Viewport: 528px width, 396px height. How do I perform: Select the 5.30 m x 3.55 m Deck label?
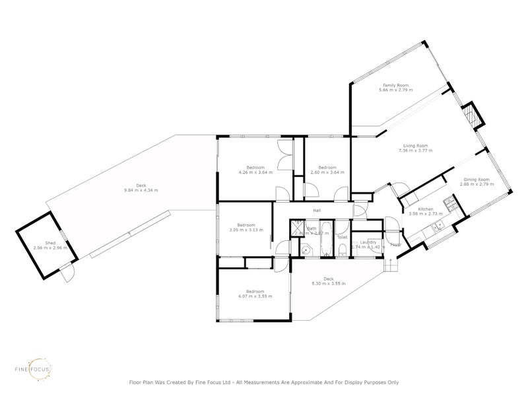point(329,280)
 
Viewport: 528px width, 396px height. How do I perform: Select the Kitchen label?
point(425,209)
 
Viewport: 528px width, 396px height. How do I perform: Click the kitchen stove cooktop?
point(448,205)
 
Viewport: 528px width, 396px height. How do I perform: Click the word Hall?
point(317,211)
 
